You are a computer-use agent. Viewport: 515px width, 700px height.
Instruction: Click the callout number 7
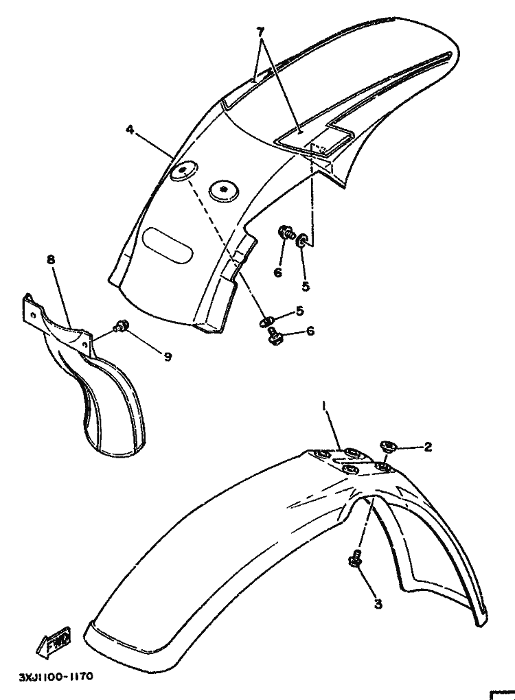[260, 32]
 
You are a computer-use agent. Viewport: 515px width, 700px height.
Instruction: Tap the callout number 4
[130, 129]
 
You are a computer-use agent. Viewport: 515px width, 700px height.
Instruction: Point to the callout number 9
[168, 356]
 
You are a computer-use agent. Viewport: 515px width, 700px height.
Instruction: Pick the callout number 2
[428, 447]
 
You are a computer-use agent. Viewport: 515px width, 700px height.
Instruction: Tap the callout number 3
[378, 605]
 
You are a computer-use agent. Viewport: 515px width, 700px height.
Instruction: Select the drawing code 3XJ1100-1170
[56, 677]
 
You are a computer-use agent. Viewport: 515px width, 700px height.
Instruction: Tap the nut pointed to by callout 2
[388, 447]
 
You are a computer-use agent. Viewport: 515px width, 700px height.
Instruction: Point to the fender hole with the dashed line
[183, 172]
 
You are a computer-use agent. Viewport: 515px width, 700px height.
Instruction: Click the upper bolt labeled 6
[286, 233]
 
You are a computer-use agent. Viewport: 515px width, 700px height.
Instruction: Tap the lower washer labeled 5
[266, 321]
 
